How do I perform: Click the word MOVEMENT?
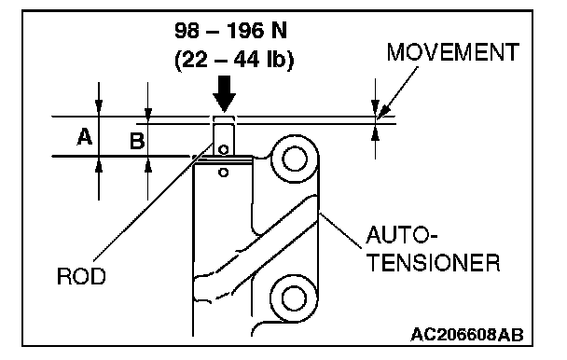(x=453, y=52)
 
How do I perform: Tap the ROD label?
(x=81, y=276)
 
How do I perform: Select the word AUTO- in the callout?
(x=401, y=235)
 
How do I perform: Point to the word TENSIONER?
(x=434, y=263)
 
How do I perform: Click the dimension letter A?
(x=85, y=137)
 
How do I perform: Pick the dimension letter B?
(x=137, y=141)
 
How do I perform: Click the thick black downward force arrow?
(x=224, y=93)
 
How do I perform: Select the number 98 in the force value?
(x=187, y=31)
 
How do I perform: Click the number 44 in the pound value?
(x=246, y=59)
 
